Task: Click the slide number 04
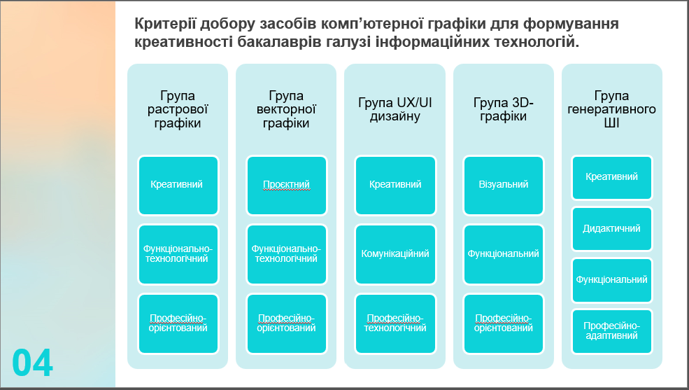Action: [x=32, y=363]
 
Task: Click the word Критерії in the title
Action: [x=165, y=23]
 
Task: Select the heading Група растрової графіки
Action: [x=178, y=109]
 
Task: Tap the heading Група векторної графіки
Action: [x=286, y=109]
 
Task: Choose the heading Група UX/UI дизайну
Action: [x=395, y=109]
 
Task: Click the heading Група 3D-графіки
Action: [x=503, y=109]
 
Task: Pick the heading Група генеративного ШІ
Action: [x=611, y=109]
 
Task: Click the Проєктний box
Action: [x=287, y=185]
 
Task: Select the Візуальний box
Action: [x=504, y=185]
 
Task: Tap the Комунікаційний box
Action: [x=395, y=254]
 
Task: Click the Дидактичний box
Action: [x=611, y=229]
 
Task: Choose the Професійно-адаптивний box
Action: [x=611, y=331]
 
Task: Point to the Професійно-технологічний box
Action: [x=395, y=323]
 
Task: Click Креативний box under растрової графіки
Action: [x=178, y=185]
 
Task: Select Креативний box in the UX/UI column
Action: [x=395, y=185]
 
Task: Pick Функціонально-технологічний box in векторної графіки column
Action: [x=287, y=254]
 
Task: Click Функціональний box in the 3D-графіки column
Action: [x=504, y=254]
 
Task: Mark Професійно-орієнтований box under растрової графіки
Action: [x=178, y=323]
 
